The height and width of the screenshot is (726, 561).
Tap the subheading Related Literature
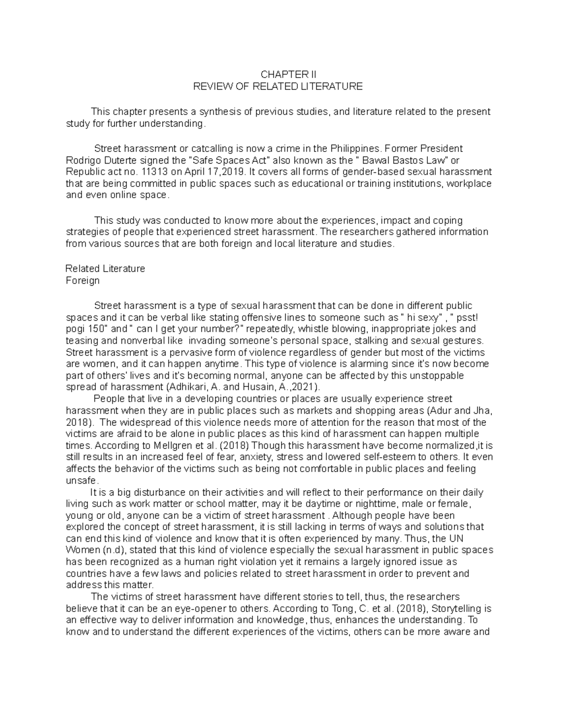click(105, 269)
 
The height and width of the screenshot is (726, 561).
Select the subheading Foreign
click(83, 280)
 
